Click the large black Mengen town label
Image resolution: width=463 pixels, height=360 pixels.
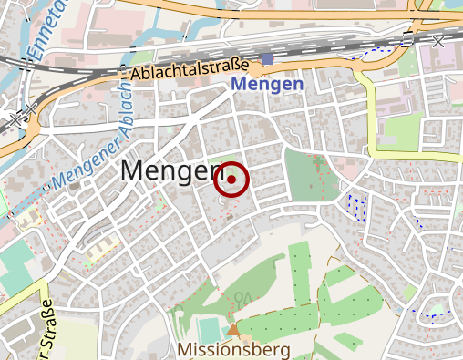[x=172, y=170]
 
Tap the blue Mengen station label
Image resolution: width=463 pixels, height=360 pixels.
[x=267, y=85]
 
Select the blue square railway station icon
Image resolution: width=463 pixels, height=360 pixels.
[x=266, y=59]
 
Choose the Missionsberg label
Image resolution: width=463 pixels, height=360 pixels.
[x=235, y=349]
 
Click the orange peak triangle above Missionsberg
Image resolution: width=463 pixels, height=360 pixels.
[x=234, y=329]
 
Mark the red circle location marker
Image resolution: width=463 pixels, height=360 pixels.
[x=231, y=180]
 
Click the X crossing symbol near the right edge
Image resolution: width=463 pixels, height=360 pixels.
[x=438, y=41]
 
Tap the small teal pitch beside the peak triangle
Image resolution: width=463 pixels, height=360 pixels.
[x=209, y=327]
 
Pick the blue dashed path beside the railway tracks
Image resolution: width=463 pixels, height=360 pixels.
[x=368, y=51]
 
